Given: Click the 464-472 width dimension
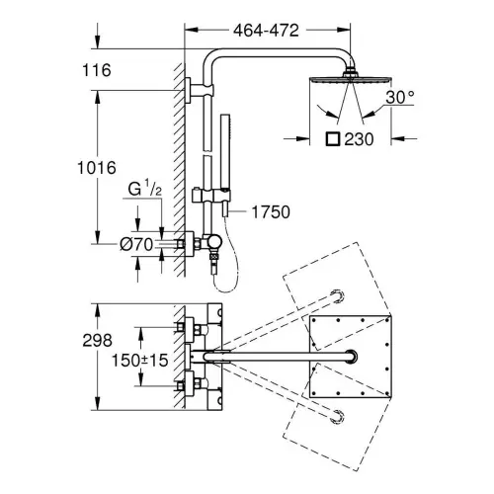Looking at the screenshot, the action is point(266,31).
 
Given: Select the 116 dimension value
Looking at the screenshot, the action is point(97,70).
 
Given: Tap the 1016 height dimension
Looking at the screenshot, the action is point(97,168).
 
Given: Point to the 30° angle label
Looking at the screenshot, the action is point(400,97).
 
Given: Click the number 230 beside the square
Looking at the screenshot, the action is point(359,139).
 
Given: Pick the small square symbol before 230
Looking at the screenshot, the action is point(333,138).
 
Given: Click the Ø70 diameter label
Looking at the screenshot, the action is point(136,244).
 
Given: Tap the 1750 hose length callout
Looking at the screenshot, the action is point(271,212).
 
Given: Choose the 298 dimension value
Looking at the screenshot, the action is point(97,340).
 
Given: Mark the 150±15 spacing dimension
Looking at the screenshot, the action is point(140,361).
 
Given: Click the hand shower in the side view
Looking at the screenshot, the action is point(225,165).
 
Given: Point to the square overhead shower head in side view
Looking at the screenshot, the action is point(351,78).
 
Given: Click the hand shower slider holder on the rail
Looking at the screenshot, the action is point(210,196).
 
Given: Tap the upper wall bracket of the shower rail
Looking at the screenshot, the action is point(200,91).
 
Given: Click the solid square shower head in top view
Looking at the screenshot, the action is point(351,357).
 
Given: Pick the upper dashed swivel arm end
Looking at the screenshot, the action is point(337,296).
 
